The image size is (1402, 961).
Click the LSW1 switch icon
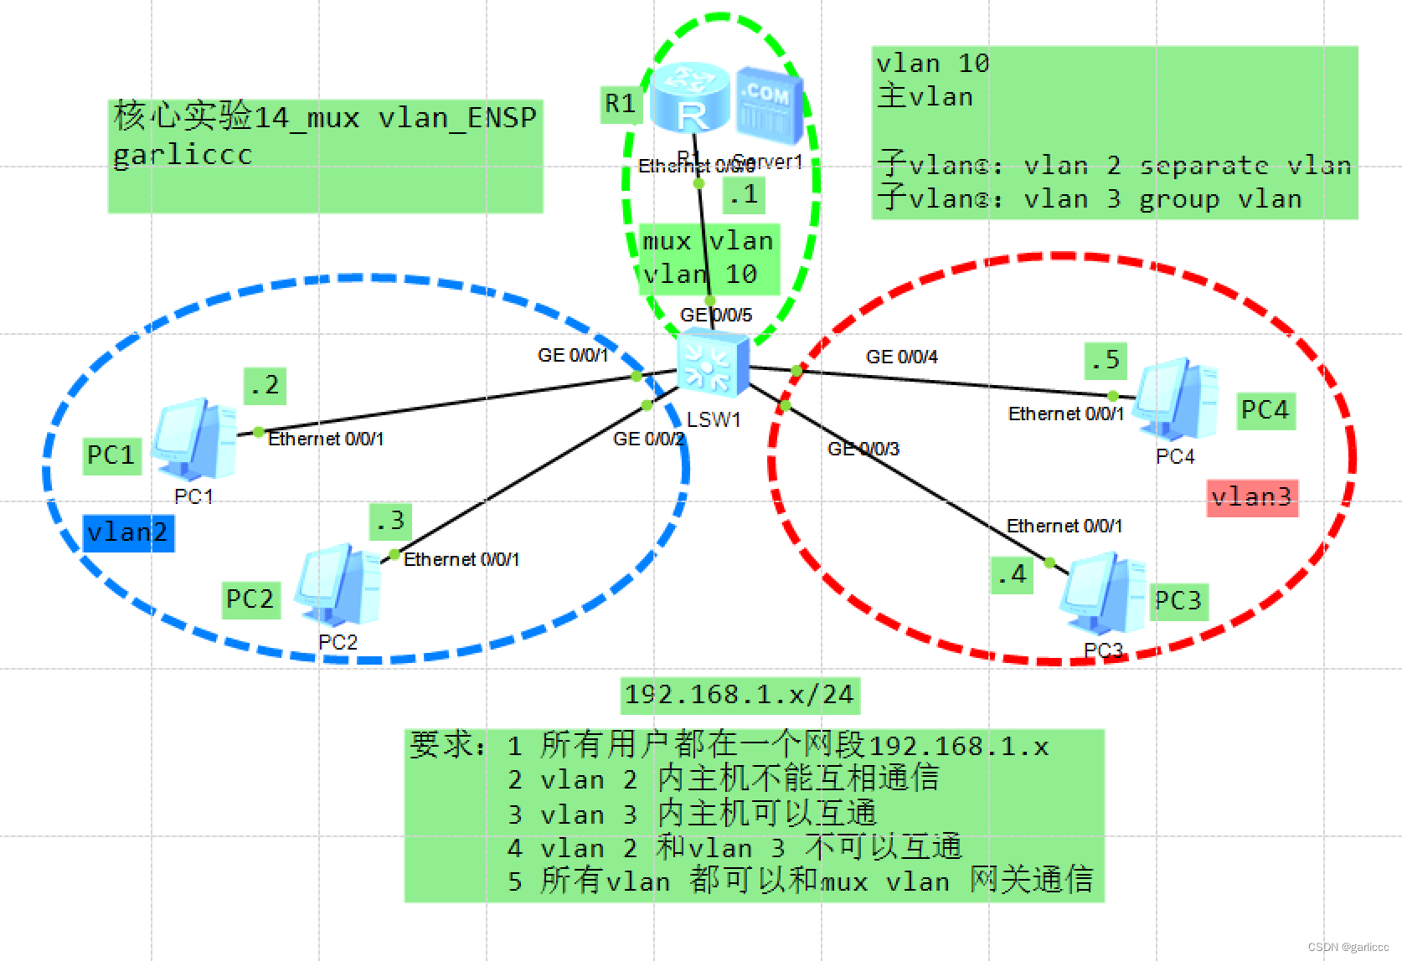point(713,362)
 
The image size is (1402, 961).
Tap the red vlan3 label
point(1251,497)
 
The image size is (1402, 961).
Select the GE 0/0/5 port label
point(716,316)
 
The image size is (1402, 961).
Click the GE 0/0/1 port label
point(573,356)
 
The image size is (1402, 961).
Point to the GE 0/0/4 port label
point(902,357)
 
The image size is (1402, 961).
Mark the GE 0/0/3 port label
point(863,450)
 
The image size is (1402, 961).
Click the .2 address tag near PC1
point(264,386)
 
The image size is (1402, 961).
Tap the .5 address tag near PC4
point(1105,360)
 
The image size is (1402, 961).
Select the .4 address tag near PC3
point(1012,574)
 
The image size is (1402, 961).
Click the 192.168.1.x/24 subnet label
point(740,695)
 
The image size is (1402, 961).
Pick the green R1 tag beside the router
point(621,104)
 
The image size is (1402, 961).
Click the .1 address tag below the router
point(743,195)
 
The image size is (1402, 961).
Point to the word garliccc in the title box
point(183,155)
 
